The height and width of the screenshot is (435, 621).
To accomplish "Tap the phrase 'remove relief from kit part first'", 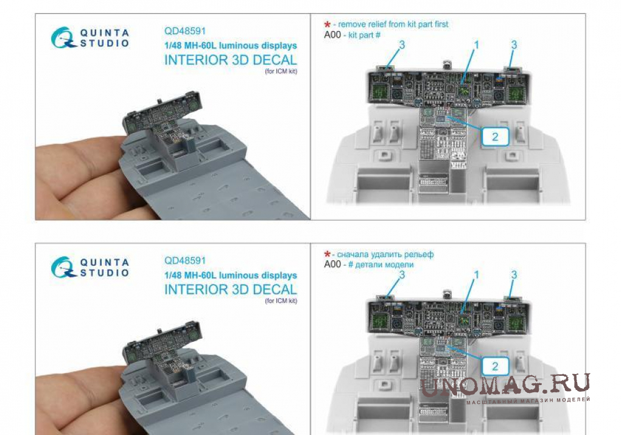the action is [x=393, y=24].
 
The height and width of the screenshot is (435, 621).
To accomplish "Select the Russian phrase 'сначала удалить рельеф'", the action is [x=385, y=254].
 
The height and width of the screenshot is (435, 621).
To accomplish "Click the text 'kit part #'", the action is [x=364, y=35].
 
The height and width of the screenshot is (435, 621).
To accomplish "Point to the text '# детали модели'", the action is [x=381, y=264].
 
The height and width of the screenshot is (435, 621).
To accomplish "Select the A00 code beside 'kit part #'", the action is [x=332, y=35].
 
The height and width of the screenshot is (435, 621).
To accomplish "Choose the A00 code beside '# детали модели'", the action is [x=332, y=264].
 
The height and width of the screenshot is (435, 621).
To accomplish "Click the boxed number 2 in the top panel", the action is [x=495, y=136].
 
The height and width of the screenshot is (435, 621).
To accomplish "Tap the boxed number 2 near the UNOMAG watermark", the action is [x=495, y=366].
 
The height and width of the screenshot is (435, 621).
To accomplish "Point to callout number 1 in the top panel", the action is [x=477, y=45].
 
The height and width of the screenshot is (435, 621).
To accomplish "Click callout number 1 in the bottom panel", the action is [x=477, y=275].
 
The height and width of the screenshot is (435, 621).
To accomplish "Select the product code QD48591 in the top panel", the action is [x=185, y=31].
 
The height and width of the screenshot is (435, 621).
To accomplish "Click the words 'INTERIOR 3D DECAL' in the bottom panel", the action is [x=231, y=289].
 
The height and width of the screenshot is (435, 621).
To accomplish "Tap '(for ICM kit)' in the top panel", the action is [x=281, y=71].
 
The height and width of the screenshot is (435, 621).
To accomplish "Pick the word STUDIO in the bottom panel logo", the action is [x=105, y=272].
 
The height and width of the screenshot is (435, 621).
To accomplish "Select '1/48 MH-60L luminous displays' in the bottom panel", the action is [x=231, y=275].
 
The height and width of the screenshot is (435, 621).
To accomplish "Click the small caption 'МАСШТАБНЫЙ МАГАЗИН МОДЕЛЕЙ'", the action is [x=528, y=400].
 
